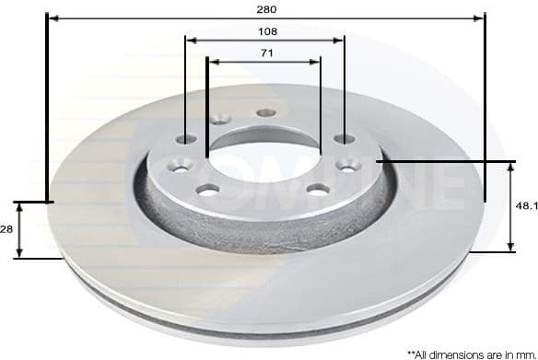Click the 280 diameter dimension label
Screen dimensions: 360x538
point(266,8)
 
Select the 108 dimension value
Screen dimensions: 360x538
point(266,30)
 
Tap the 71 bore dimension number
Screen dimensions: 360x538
point(266,53)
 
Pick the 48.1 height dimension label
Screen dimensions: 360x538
point(525,206)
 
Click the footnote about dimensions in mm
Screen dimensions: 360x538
point(470,353)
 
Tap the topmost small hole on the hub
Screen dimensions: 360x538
point(265,111)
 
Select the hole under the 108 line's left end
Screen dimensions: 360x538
point(187,139)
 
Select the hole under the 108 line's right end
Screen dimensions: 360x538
point(345,138)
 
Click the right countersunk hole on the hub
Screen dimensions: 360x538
point(348,165)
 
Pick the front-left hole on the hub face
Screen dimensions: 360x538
point(209,190)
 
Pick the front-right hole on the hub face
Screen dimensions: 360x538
point(318,190)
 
